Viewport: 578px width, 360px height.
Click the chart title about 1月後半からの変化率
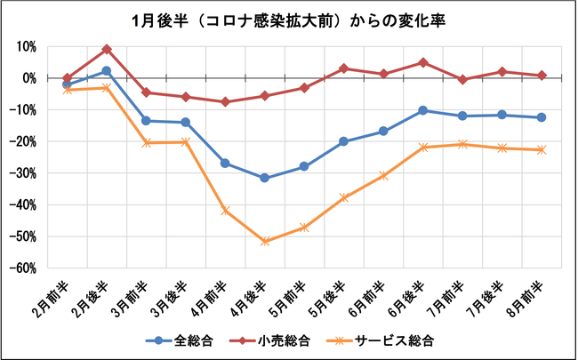290,20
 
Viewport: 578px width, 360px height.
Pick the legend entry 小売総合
273,339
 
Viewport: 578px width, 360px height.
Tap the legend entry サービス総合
387,339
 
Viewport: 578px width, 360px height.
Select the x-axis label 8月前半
533,293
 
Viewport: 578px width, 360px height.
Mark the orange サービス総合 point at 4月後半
264,241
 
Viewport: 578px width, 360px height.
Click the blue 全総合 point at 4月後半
264,178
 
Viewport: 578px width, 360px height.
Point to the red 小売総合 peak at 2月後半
107,49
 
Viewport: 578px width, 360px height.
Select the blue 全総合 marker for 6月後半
422,110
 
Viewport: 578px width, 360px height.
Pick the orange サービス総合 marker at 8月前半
542,149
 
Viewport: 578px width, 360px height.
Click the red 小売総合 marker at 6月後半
422,62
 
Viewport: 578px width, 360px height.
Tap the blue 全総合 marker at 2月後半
107,71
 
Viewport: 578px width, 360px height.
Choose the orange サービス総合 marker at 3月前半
146,142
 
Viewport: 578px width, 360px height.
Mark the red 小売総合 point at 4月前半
225,101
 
